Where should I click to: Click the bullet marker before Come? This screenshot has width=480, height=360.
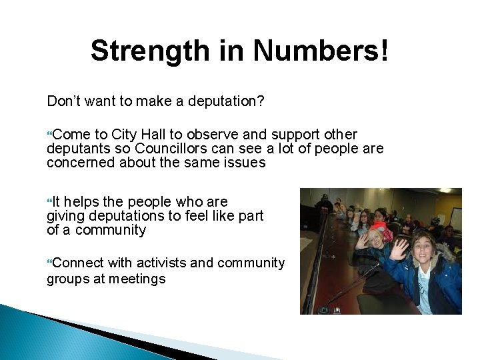(x=49, y=135)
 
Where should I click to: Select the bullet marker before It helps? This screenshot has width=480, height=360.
(x=49, y=202)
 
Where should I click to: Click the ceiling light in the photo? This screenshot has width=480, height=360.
(x=445, y=191)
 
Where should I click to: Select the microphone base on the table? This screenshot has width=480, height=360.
(x=325, y=309)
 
